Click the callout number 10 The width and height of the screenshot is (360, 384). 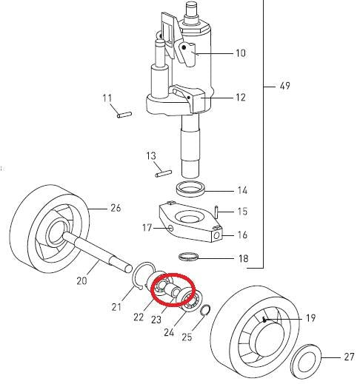[x=240, y=53]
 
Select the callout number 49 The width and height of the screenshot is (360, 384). [x=285, y=87]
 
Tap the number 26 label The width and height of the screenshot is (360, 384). [x=115, y=208]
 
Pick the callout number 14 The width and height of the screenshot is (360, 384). [x=241, y=190]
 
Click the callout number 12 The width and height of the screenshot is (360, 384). [x=240, y=98]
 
